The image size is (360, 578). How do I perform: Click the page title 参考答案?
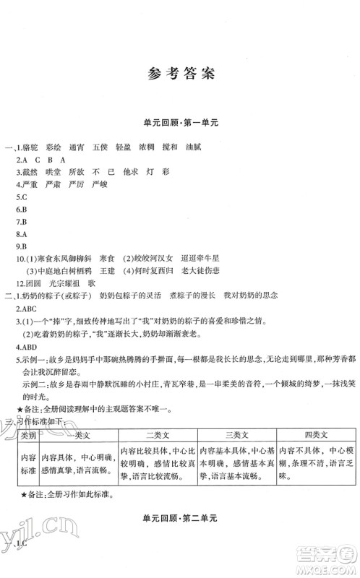click(x=180, y=74)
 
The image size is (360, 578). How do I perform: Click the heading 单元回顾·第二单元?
click(x=180, y=539)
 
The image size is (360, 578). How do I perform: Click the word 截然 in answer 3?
click(x=31, y=172)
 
